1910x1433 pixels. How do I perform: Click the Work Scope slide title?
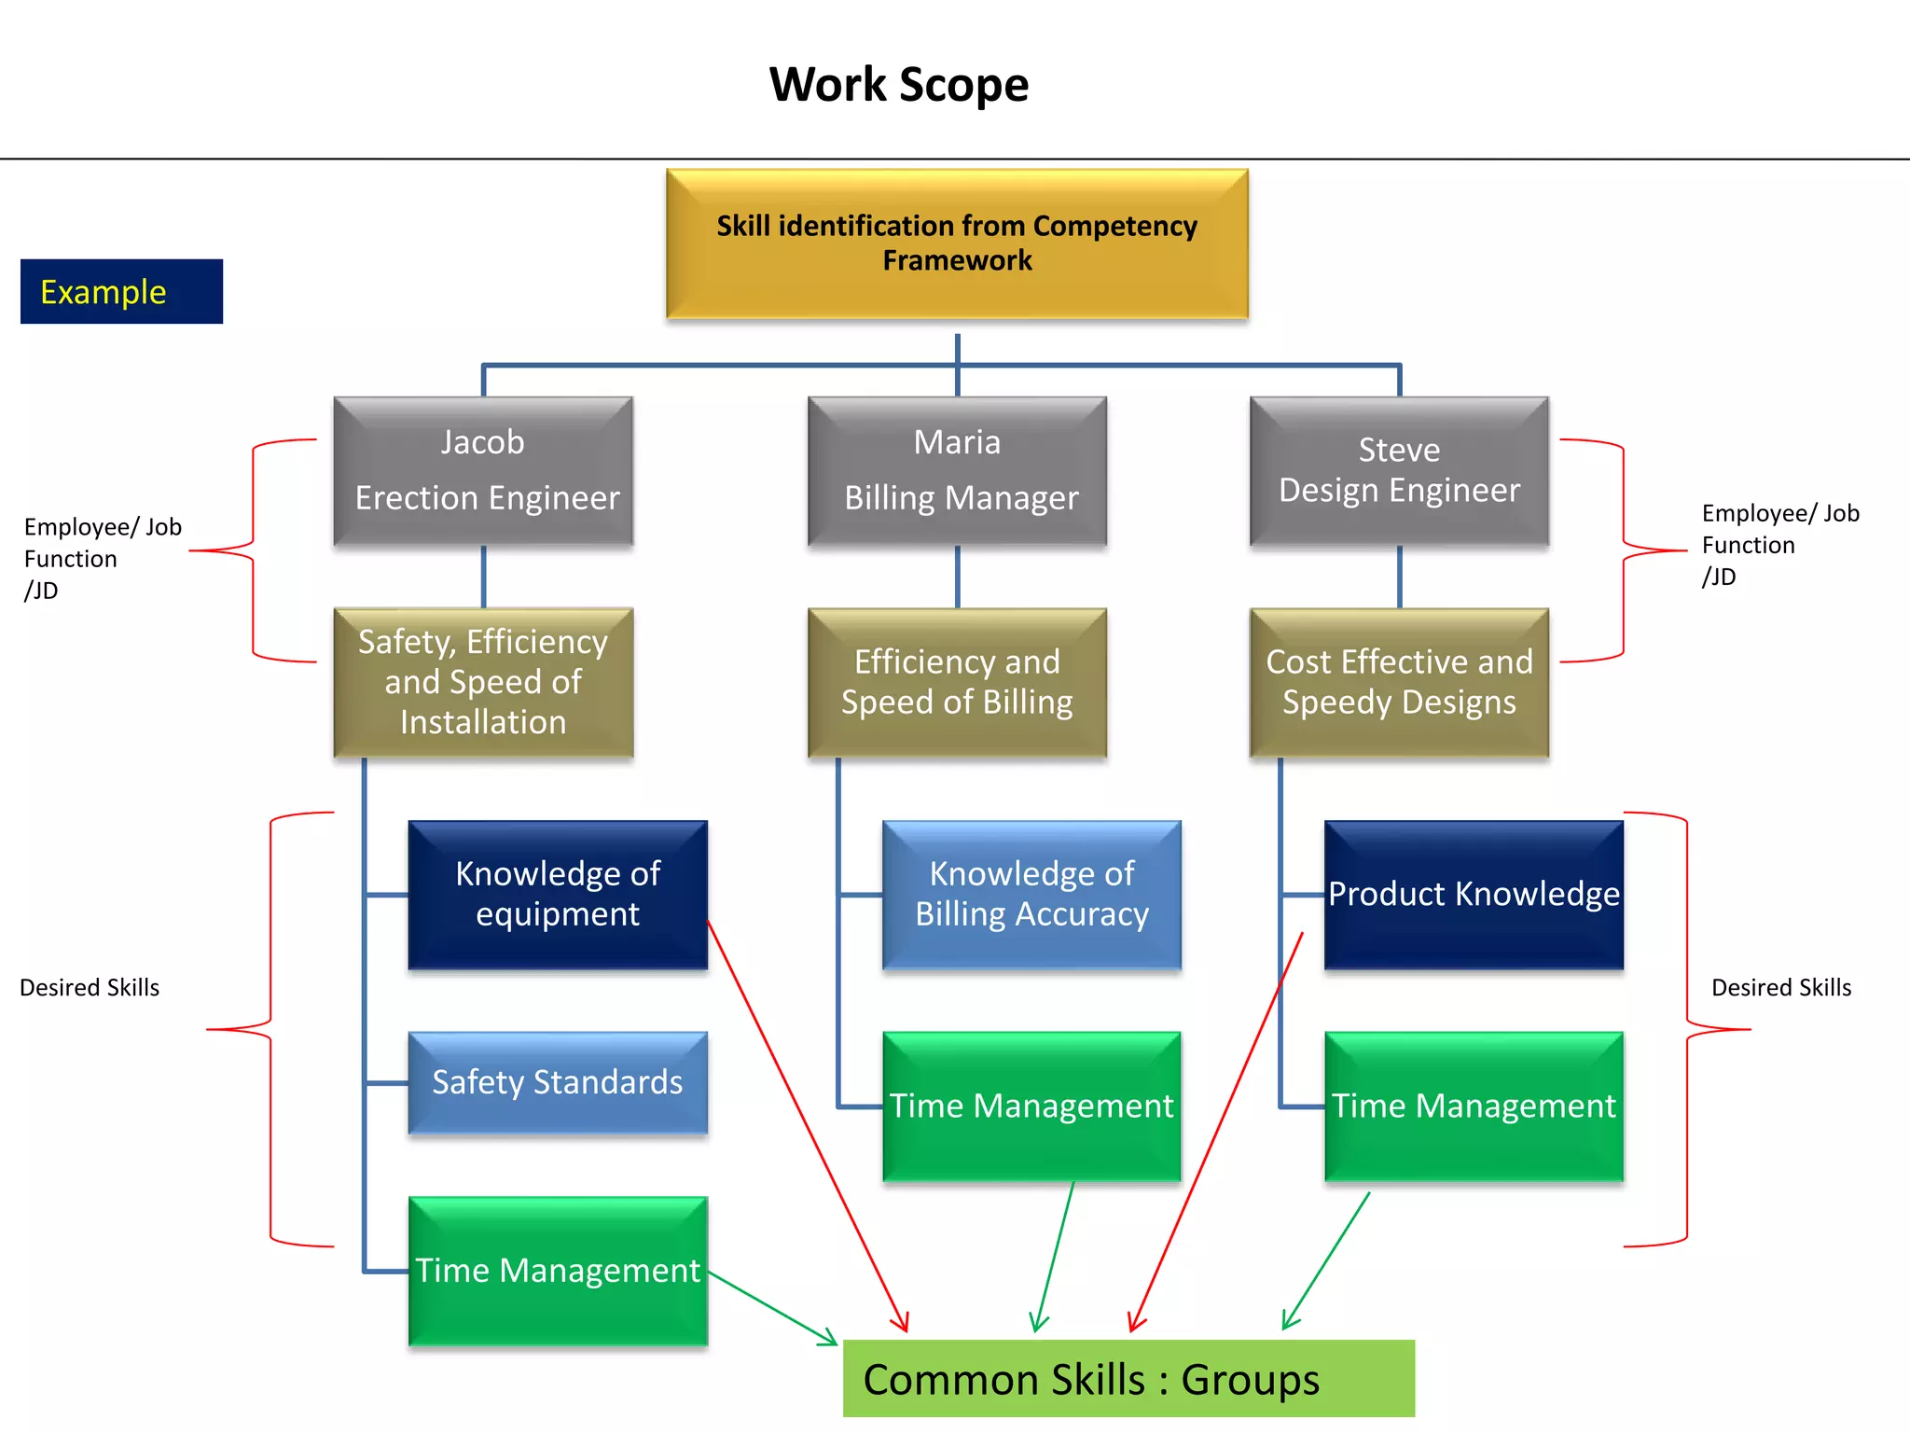coord(898,85)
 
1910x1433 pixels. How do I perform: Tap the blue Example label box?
coord(121,292)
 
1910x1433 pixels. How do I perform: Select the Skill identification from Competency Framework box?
coord(957,244)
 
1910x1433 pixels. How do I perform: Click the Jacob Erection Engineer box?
coord(483,471)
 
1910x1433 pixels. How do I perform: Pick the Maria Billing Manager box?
coord(957,471)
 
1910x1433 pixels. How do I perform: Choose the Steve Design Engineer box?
coord(1399,471)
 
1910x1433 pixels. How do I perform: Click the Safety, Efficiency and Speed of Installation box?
coord(483,682)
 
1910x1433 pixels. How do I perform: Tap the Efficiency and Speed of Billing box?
coord(957,682)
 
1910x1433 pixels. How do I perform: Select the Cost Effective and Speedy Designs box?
coord(1399,682)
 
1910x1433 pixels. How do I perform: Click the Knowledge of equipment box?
coord(558,895)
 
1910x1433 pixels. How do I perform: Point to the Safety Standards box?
coord(558,1082)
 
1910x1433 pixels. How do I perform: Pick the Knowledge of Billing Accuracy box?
coord(1031,895)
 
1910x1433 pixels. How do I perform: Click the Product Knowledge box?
coord(1474,895)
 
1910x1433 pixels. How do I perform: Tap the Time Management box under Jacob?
coord(558,1271)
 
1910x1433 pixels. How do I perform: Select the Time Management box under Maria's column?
coord(1031,1106)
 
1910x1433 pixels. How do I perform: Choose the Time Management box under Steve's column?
coord(1474,1106)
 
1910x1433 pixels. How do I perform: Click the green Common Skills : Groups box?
coord(1128,1379)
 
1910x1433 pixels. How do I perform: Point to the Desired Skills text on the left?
coord(90,988)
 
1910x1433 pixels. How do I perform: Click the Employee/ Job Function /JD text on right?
coord(1779,545)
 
